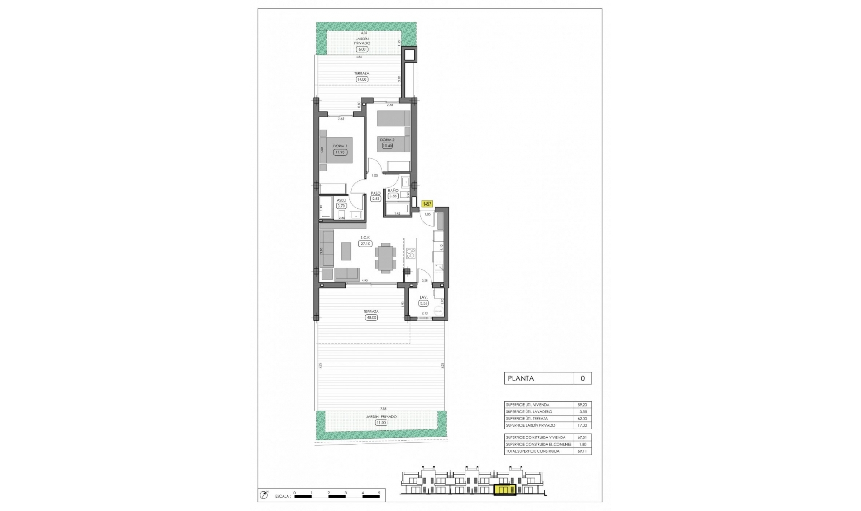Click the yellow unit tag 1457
coord(427,204)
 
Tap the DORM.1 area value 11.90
coord(340,152)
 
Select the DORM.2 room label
coord(387,140)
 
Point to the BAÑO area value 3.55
coord(393,196)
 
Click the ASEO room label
coord(341,200)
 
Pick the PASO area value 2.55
coord(376,199)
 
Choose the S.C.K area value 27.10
coord(365,244)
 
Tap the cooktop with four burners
coord(410,253)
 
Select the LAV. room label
coord(423,297)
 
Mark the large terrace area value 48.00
coord(371,318)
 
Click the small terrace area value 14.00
coord(361,79)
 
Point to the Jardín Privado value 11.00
coord(381,423)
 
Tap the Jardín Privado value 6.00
coord(361,49)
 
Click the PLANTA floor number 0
coord(583,378)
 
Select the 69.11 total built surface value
coord(582,451)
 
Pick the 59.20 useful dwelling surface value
coord(582,405)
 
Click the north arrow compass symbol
coord(264,495)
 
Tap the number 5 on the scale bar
coord(379,493)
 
